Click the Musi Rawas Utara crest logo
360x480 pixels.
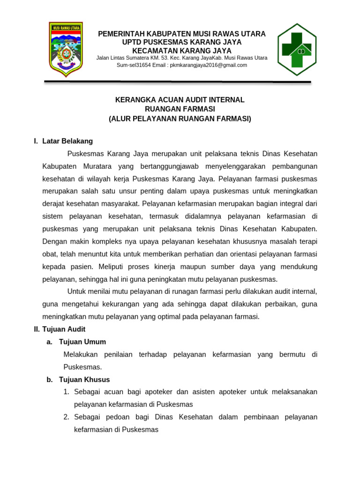[66, 49]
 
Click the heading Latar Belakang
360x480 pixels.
[67, 141]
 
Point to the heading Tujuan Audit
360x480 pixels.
[64, 329]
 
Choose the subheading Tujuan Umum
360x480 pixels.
[82, 342]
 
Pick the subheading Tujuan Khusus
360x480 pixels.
[84, 379]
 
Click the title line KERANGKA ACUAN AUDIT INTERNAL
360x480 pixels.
[180, 100]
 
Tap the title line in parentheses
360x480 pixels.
[180, 119]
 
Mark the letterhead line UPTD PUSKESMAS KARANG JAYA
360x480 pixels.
[182, 42]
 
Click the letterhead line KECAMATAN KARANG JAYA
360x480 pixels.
[182, 50]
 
